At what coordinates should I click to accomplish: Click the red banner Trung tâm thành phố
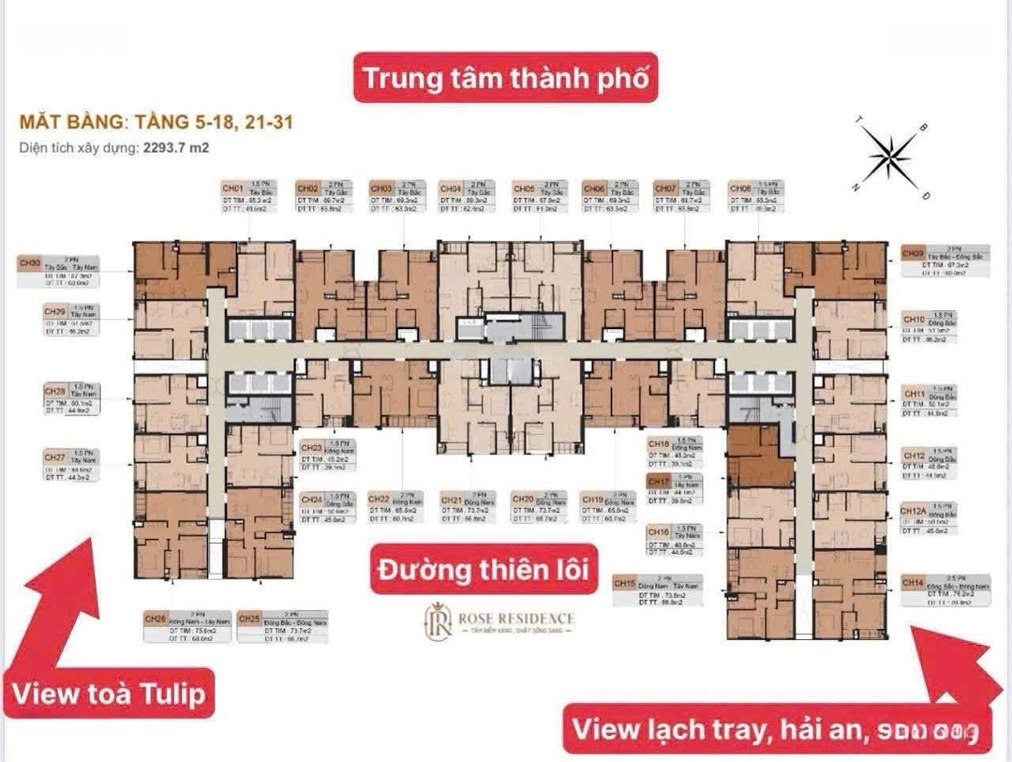(505, 78)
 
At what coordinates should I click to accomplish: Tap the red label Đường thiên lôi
(484, 569)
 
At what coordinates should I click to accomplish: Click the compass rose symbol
(890, 156)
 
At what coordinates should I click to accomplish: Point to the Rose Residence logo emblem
(439, 620)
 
